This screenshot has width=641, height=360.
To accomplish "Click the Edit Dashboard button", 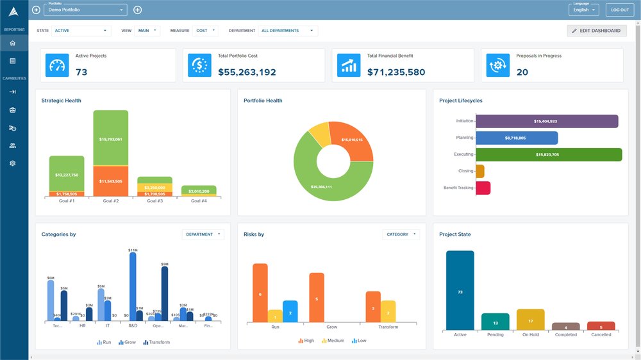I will [596, 31].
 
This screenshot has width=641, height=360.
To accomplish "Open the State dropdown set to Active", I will [81, 31].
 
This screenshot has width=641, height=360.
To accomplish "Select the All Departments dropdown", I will [288, 31].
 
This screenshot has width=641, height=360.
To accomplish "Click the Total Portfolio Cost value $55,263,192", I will [247, 72].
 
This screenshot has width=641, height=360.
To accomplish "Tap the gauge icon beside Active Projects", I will [57, 65].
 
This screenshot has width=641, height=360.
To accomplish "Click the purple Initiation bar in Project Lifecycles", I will [547, 121].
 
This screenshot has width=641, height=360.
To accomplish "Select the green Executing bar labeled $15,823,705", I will [549, 154].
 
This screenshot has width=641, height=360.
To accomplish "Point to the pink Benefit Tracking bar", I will [483, 188].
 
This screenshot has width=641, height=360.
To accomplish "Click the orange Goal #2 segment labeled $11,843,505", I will [111, 181].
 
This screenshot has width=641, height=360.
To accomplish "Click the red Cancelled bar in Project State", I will [601, 326].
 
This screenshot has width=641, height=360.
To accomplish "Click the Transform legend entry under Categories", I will [156, 343].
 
